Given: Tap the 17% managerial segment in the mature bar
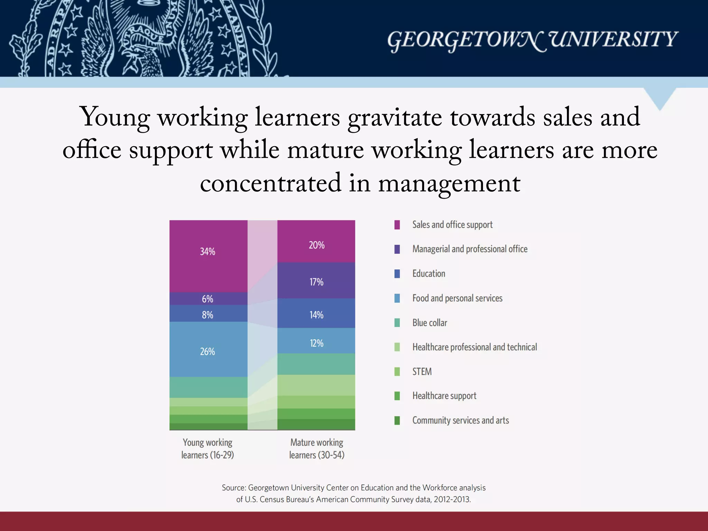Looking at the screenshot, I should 316,282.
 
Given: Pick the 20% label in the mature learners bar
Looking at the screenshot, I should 316,245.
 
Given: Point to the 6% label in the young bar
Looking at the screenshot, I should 207,299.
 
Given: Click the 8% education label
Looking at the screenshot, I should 207,315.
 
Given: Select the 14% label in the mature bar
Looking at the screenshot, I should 316,315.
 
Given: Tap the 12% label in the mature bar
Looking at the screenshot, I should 316,343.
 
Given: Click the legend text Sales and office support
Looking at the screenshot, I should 452,225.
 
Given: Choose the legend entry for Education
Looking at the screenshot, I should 429,274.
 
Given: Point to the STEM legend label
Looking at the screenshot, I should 422,372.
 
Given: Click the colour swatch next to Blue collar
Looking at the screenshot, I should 397,323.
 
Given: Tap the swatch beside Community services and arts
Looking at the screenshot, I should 397,420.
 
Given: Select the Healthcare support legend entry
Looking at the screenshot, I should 444,396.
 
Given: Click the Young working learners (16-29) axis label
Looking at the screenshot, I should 208,449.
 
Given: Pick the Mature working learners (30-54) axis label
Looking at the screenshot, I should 317,449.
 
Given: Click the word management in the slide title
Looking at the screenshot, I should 449,183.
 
